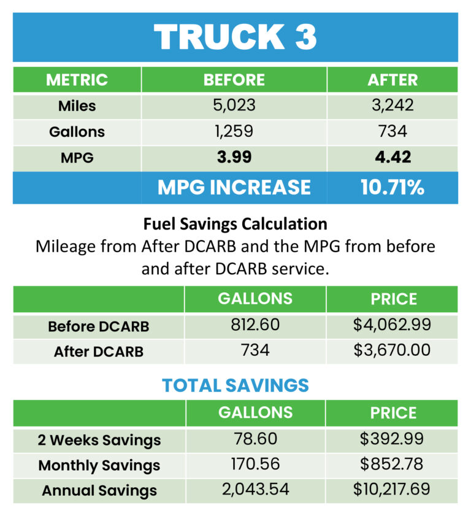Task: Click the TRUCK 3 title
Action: [x=235, y=37]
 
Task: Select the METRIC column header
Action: [x=77, y=80]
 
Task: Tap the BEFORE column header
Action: [x=234, y=80]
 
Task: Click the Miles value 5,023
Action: [x=234, y=106]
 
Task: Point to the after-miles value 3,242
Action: [x=392, y=106]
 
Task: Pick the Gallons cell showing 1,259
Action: [x=234, y=131]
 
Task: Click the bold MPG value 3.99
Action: [x=234, y=158]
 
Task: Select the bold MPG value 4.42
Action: [x=392, y=158]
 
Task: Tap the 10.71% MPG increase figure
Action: [x=392, y=187]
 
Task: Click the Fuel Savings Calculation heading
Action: [x=235, y=224]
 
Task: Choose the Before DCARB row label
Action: [x=98, y=326]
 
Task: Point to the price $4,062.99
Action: [x=392, y=325]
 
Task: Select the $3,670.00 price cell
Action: [x=392, y=351]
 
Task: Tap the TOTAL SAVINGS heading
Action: [x=235, y=385]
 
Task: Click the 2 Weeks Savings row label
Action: [x=98, y=440]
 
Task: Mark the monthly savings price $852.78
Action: [x=392, y=464]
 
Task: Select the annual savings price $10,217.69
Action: [x=392, y=490]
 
